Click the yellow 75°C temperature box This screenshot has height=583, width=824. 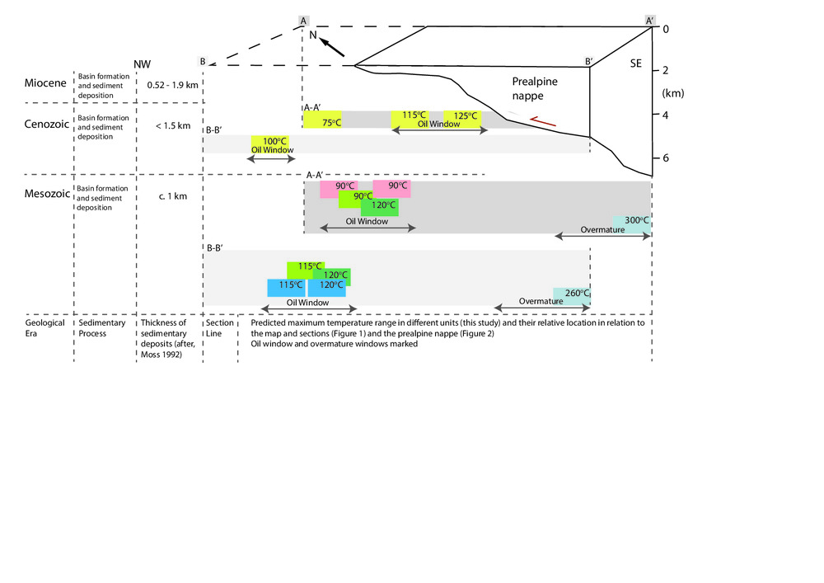pos(322,120)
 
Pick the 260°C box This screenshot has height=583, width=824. pos(573,295)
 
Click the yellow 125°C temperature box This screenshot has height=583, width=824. pos(461,117)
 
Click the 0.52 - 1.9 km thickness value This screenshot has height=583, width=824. pos(172,84)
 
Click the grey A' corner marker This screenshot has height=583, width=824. pos(651,20)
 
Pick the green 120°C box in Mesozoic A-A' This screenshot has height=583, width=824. pos(379,206)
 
